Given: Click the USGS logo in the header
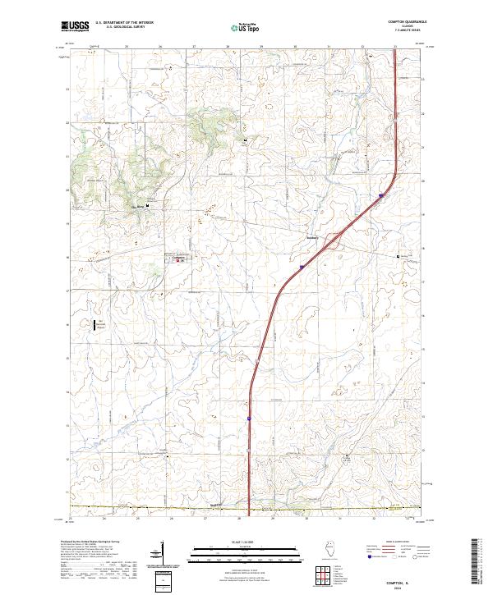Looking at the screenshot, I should pos(75,26).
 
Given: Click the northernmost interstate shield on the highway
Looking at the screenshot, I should pos(381,195).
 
